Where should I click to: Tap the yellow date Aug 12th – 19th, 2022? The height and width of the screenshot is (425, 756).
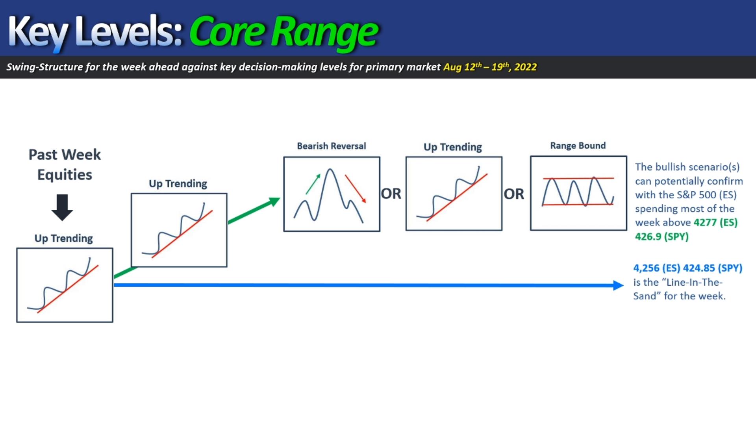point(490,67)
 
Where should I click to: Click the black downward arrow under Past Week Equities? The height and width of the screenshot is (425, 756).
point(62,207)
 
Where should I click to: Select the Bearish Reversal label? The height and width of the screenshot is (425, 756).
point(332,146)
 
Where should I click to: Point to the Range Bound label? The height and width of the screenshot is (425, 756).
point(578,146)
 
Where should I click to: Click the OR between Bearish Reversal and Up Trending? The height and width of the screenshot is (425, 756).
point(391,194)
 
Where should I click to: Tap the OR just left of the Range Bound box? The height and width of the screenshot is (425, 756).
point(514,194)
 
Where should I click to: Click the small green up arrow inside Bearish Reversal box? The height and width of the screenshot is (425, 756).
point(313,184)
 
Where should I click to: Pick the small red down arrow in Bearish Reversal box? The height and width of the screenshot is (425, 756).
point(356,189)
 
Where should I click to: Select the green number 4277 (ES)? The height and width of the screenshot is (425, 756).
point(715,222)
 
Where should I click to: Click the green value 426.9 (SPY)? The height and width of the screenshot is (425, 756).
point(661,237)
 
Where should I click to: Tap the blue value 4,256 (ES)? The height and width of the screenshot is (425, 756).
point(656,268)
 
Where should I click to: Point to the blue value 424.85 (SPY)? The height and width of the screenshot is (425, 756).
point(713,268)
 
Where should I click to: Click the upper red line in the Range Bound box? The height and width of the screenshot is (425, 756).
point(578,178)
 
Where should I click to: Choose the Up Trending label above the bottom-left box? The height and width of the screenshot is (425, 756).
point(63,238)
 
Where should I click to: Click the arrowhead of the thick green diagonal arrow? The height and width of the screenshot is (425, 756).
point(273,202)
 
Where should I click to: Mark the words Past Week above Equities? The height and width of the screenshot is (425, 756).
point(65,155)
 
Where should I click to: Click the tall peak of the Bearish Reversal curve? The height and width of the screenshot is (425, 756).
point(330,170)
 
